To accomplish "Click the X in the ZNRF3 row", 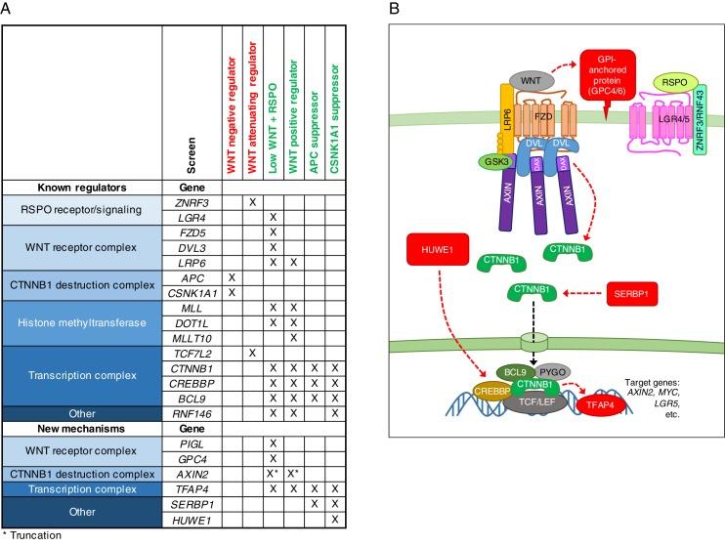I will click(252, 202).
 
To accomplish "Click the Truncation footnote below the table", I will click(34, 535).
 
